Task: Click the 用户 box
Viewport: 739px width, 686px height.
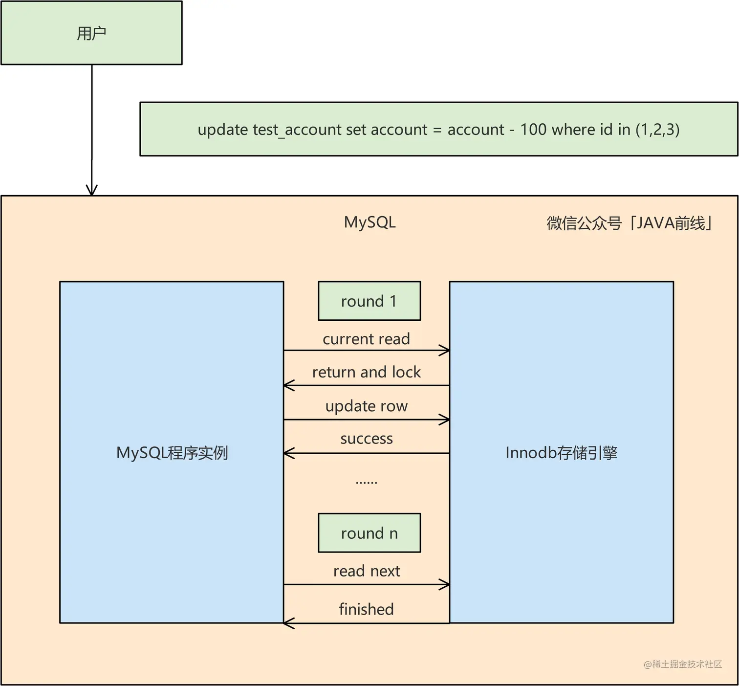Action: tap(91, 33)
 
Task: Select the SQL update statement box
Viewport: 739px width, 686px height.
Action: tap(438, 129)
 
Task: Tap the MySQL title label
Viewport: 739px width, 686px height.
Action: tap(369, 222)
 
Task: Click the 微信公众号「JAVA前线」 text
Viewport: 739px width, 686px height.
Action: tap(629, 223)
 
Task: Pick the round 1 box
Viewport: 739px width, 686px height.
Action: tap(369, 301)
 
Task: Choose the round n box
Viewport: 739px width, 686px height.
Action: tap(369, 532)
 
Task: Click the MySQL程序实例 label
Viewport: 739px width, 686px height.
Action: tap(172, 453)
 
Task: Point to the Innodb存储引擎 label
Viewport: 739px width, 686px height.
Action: tap(561, 453)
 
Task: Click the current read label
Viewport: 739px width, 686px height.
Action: tap(366, 339)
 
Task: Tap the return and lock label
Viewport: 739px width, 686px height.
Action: tap(366, 372)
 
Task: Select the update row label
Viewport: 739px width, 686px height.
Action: tap(366, 406)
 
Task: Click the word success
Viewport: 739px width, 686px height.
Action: tap(366, 439)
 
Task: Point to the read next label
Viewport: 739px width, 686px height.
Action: tap(366, 571)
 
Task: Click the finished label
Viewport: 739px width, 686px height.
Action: tap(366, 609)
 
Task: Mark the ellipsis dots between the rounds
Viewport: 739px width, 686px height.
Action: tap(366, 483)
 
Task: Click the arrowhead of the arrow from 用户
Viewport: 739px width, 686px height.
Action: tap(92, 191)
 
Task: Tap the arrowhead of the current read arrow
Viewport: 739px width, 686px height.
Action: tap(445, 350)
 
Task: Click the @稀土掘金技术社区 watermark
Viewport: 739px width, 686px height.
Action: tap(682, 664)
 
